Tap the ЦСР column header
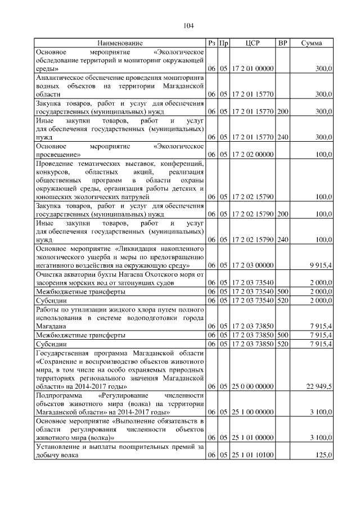[252, 43]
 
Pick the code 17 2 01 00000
[252, 69]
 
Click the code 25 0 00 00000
[252, 387]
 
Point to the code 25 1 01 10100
[252, 456]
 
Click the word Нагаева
[115, 274]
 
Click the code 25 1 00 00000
[252, 413]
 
